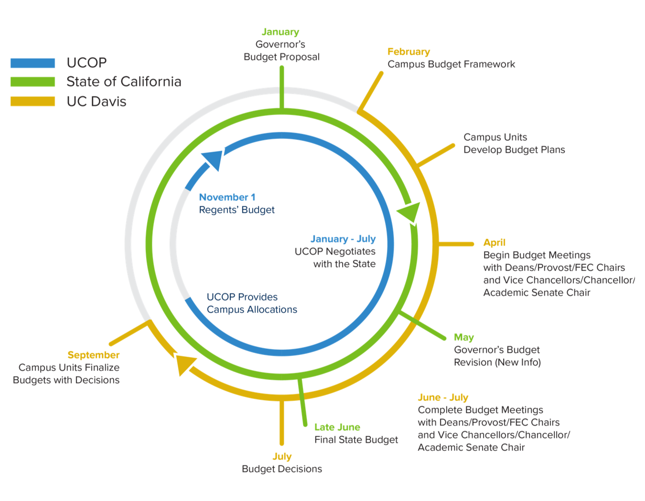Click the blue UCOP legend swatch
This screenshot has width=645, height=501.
click(x=33, y=63)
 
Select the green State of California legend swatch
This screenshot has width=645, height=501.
click(x=33, y=82)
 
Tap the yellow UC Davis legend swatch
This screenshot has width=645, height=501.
click(x=33, y=101)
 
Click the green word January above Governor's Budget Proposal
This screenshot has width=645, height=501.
click(x=280, y=32)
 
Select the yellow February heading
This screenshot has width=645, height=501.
click(x=409, y=52)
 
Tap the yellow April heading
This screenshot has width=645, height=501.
click(x=494, y=242)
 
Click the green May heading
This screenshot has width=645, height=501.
click(x=464, y=337)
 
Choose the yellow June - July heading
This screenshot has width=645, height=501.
click(x=443, y=397)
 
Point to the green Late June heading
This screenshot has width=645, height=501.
click(x=337, y=427)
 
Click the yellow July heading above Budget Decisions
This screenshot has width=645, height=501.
click(x=282, y=457)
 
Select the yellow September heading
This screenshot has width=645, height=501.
click(x=94, y=355)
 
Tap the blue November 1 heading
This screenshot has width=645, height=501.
click(x=227, y=197)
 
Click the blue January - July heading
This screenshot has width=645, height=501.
click(x=343, y=239)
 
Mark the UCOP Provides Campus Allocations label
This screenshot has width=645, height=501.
click(x=252, y=303)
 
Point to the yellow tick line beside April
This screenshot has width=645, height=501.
click(x=456, y=244)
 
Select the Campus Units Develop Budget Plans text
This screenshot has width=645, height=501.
click(x=514, y=144)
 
